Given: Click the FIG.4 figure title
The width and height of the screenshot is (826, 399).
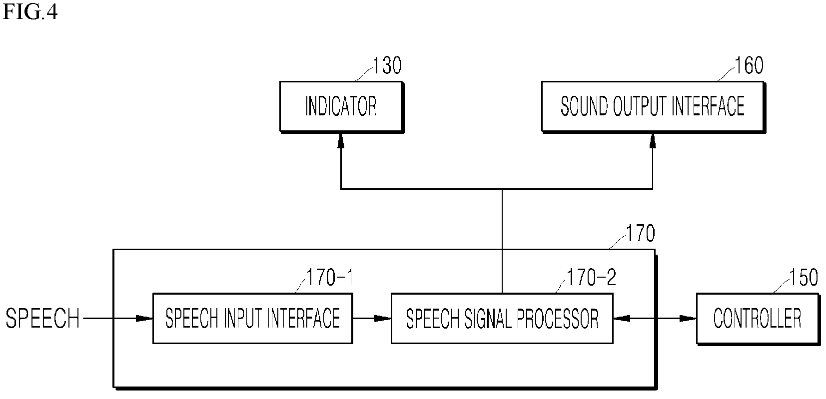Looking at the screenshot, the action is tap(30, 11).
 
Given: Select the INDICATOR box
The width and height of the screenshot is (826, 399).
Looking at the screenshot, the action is tap(341, 107).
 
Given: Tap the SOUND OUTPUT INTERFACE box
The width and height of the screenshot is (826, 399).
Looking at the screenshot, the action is tap(653, 107).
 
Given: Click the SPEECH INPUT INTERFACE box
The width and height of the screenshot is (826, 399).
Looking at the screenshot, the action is tap(252, 318).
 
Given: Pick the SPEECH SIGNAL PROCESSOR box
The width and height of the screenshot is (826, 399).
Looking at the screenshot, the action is tap(502, 318).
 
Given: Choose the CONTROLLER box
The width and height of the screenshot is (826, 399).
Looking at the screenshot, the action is tap(758, 319).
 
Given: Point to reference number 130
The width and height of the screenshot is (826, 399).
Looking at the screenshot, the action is tap(387, 65).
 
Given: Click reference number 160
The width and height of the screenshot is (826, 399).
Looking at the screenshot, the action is tap(749, 65).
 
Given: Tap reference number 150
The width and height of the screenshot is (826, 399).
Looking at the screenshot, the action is tap(803, 278).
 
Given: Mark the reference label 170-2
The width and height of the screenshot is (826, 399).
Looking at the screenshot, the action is tap(592, 278).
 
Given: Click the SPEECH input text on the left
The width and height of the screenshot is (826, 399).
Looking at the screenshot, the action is tap(43, 318).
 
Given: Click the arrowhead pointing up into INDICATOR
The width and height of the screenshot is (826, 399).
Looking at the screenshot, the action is tap(341, 141).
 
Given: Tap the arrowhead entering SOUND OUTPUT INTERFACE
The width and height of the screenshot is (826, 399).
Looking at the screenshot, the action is tap(653, 141).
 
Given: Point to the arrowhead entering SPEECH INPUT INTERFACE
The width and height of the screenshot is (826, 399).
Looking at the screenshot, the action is tap(144, 318).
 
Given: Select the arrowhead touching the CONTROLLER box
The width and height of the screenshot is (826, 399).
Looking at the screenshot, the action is tap(688, 318).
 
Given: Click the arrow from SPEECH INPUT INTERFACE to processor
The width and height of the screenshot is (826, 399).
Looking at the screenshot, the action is tap(372, 318).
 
